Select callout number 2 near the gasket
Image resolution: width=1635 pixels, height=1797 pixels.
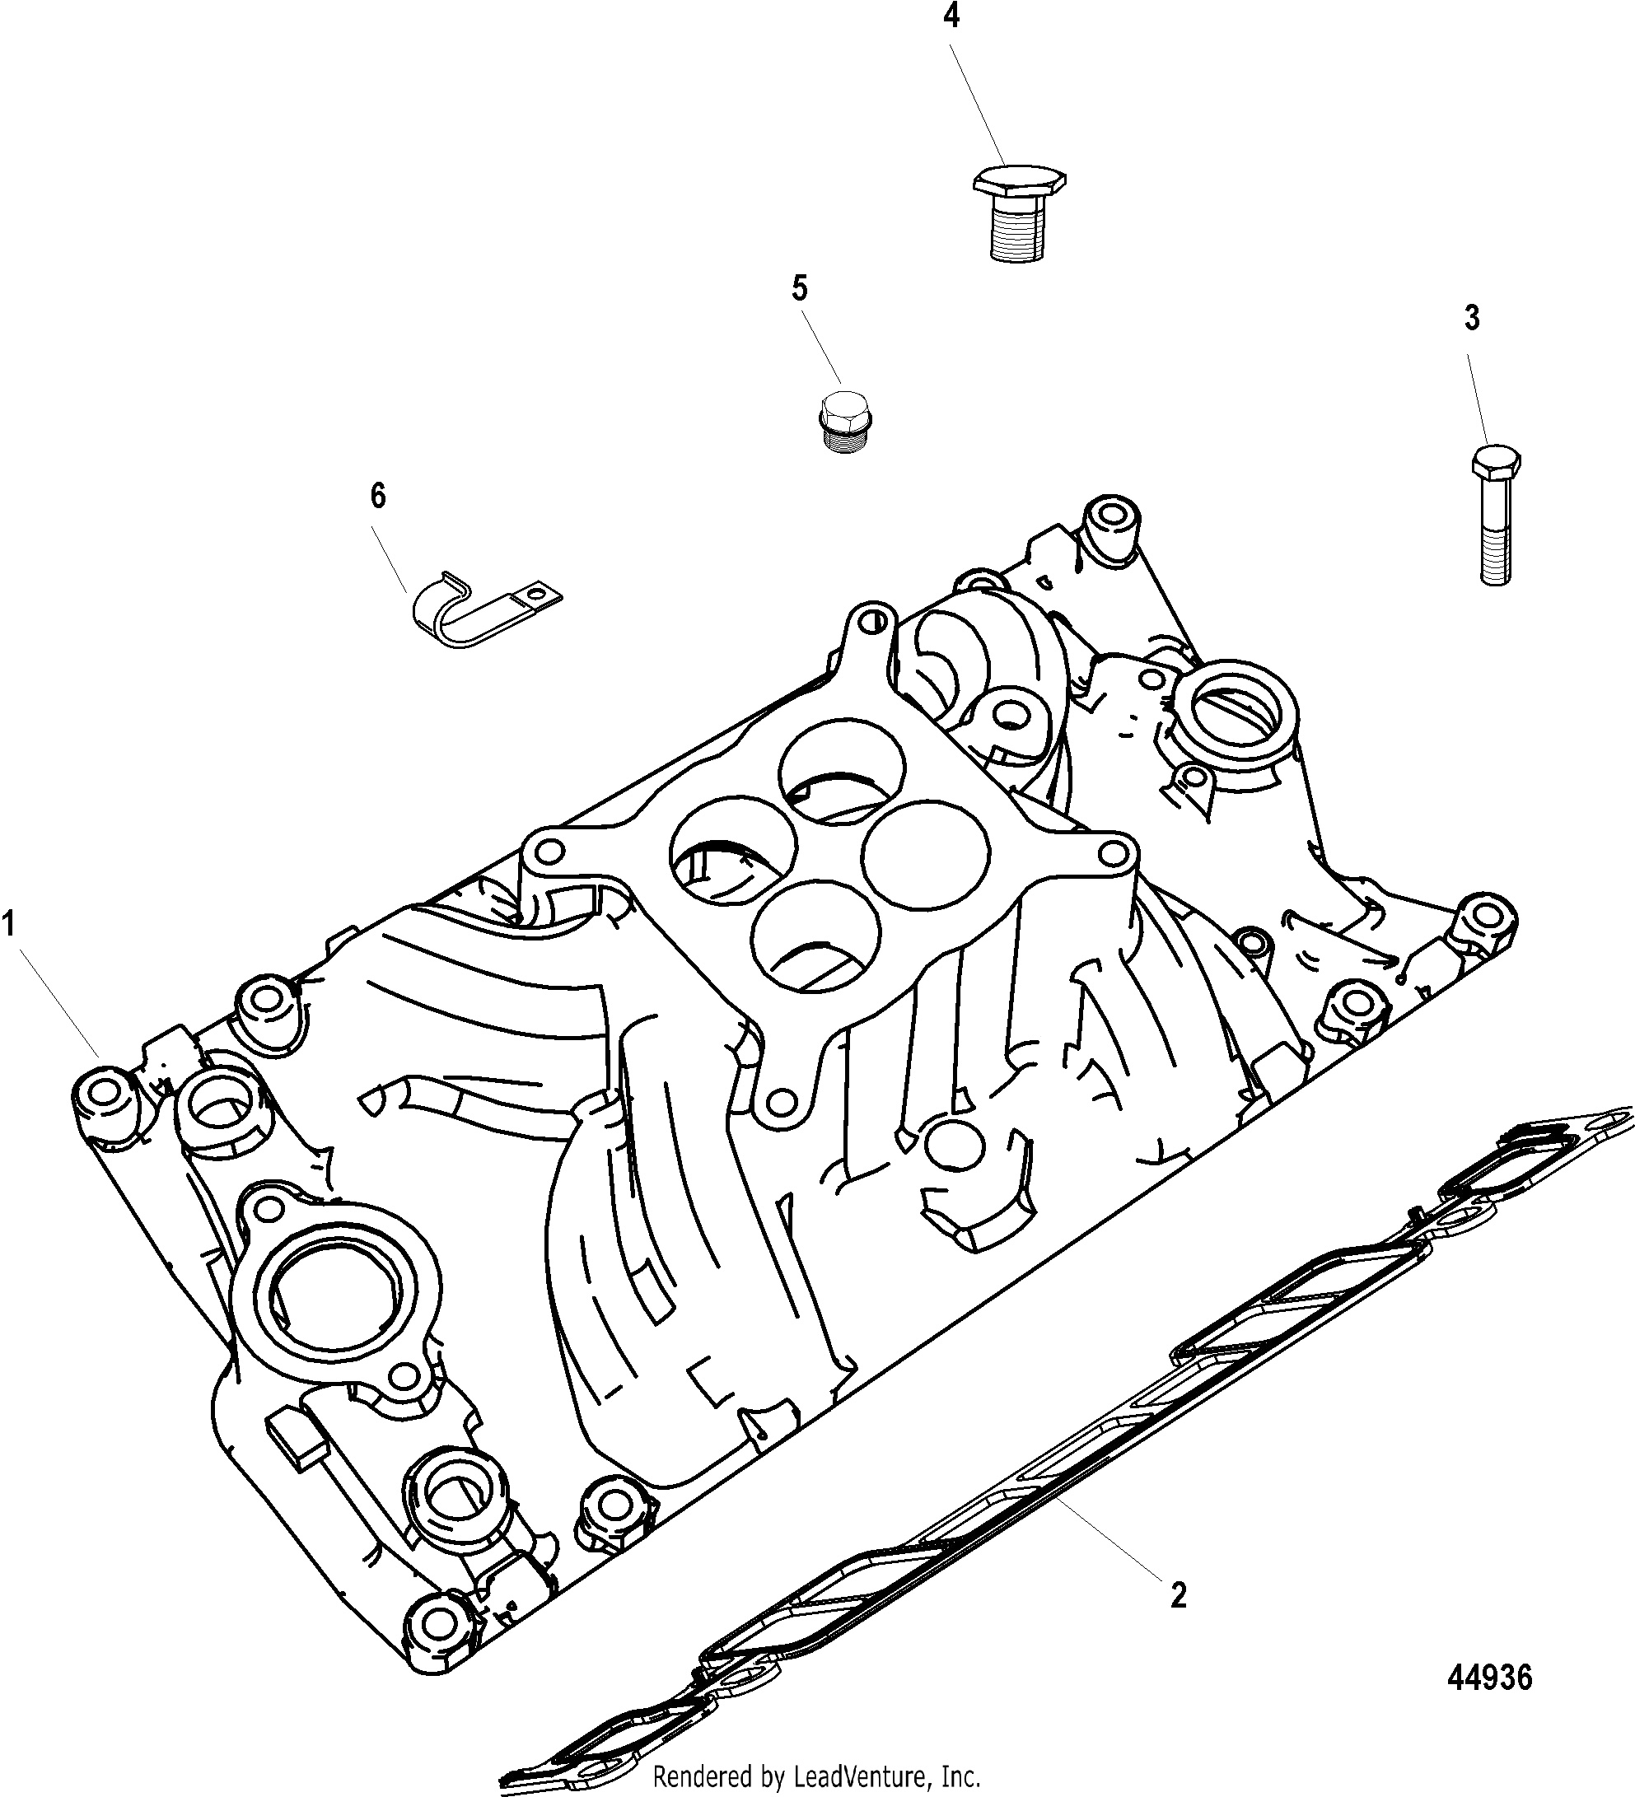pos(1179,1595)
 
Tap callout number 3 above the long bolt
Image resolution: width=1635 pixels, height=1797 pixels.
pos(1472,318)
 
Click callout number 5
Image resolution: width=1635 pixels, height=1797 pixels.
pos(800,290)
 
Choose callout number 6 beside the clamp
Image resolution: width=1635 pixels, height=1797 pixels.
pos(378,495)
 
